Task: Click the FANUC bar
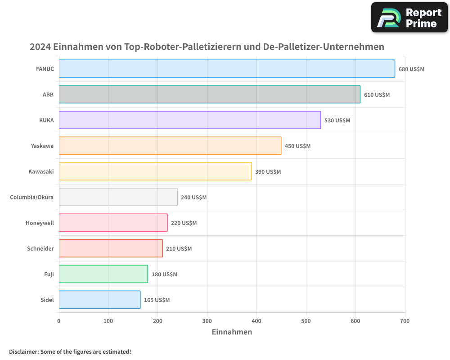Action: (x=227, y=69)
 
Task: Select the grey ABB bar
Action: (x=209, y=94)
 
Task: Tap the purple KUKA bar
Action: (x=189, y=120)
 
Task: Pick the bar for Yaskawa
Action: (x=170, y=146)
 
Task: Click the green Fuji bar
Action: (x=103, y=274)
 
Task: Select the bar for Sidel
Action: (x=99, y=300)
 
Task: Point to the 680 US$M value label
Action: (x=411, y=69)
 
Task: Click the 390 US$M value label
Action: (x=268, y=172)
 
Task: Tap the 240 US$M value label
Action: (x=193, y=198)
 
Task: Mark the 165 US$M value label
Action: (x=157, y=300)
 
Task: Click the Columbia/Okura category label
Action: (x=31, y=197)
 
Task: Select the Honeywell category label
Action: (x=40, y=223)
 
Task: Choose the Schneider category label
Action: (x=40, y=248)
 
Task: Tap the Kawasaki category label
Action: (x=41, y=171)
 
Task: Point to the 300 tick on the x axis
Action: (x=207, y=321)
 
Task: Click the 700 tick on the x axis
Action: (x=405, y=321)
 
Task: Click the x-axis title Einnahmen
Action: (x=232, y=332)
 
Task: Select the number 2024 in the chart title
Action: (x=40, y=47)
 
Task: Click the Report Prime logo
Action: (x=409, y=18)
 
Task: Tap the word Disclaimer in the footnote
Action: (x=23, y=351)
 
